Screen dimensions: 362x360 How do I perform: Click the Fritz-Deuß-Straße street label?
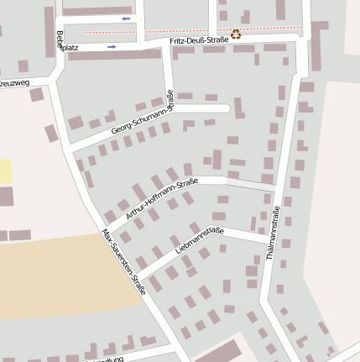(200, 39)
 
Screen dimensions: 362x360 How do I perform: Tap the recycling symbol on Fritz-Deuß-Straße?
(236, 35)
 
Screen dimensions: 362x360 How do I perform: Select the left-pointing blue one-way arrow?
(126, 18)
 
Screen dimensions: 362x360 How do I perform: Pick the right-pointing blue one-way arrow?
(112, 47)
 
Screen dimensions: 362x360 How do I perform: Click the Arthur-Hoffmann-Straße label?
(161, 199)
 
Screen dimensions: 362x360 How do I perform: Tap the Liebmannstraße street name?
(200, 241)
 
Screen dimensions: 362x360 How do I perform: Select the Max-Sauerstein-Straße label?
(123, 261)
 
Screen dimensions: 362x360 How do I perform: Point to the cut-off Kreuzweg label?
(14, 83)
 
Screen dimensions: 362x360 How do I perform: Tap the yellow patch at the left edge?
(6, 171)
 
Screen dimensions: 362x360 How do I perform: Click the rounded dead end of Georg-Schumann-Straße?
(226, 108)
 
